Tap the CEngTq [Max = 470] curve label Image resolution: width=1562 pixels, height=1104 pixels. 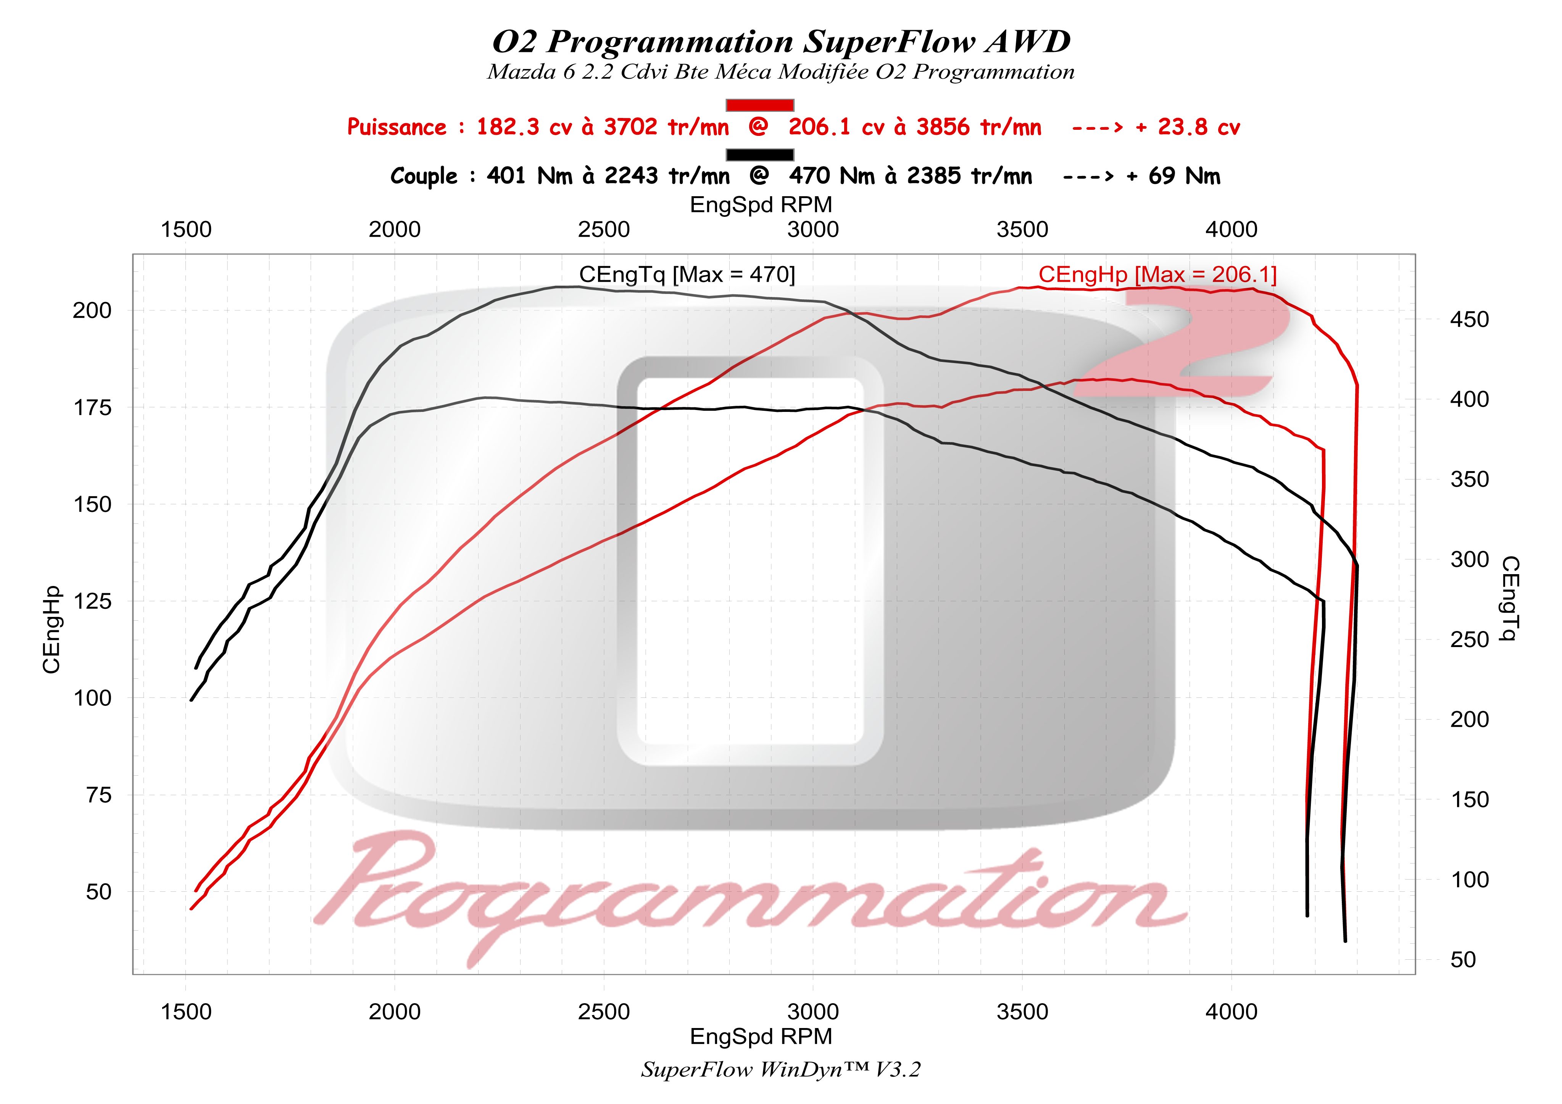[687, 274]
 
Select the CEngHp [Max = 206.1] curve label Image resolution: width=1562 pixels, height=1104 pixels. [1157, 274]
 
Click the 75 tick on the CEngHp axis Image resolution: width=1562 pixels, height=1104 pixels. [98, 795]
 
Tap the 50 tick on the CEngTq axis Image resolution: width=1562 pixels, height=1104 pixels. [1463, 960]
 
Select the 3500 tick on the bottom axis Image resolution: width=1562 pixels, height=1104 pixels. [1022, 1012]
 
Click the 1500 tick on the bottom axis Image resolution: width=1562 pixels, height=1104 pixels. [186, 1012]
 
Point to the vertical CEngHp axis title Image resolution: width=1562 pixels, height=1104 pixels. [52, 629]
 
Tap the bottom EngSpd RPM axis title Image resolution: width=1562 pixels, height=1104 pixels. [761, 1036]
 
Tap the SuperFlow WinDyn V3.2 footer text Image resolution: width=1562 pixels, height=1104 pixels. [780, 1070]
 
